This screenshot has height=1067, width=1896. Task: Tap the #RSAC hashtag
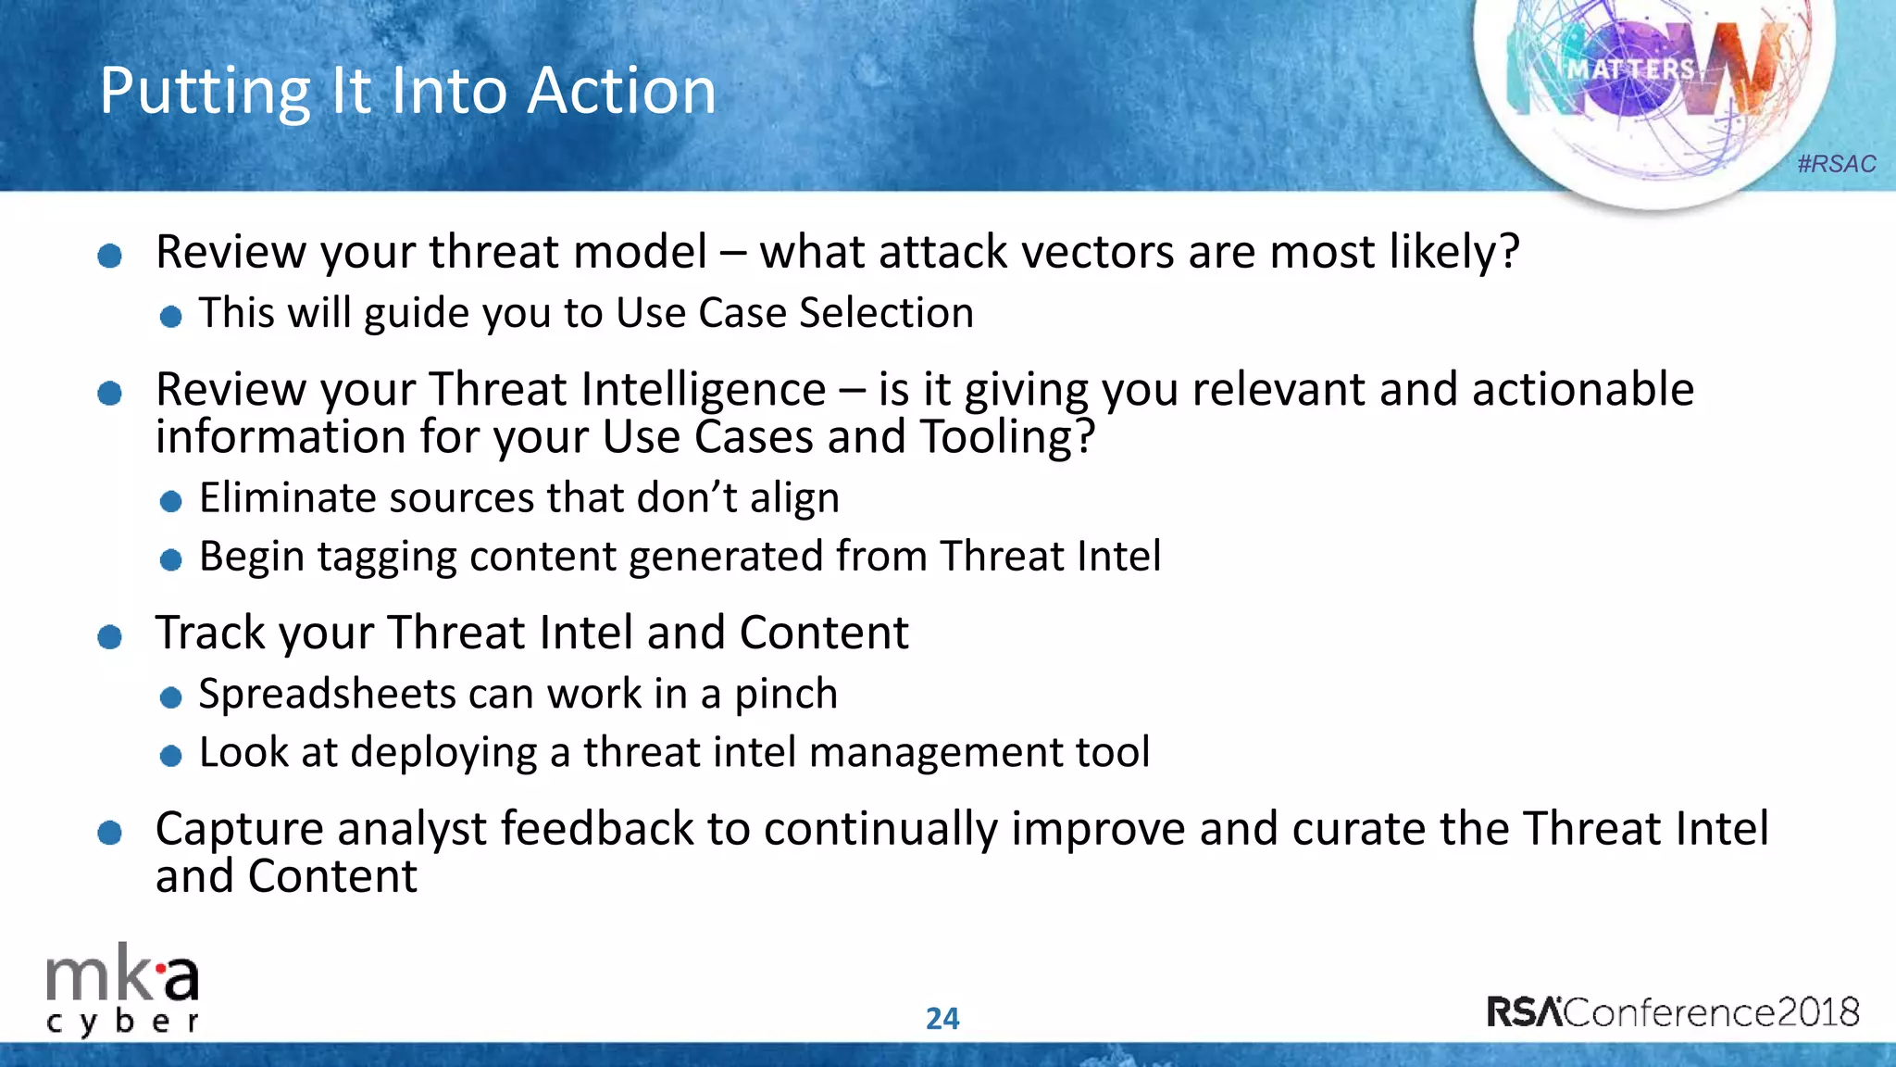coord(1836,164)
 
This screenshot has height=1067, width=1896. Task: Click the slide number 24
coord(942,1019)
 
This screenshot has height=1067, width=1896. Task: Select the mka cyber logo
coord(122,989)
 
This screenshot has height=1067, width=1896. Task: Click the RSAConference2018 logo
coord(1672,1011)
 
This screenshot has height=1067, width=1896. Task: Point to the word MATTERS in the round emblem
coord(1630,69)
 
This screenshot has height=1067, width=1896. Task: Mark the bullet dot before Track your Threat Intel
coord(109,636)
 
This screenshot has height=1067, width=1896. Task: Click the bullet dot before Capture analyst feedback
coord(109,832)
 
